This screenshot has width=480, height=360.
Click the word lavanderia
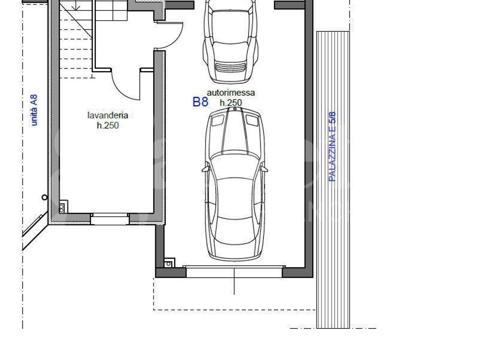(108, 115)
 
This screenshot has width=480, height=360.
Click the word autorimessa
(231, 93)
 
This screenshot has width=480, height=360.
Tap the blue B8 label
(200, 102)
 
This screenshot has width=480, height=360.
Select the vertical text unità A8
(34, 110)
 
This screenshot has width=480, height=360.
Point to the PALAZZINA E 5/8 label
(332, 147)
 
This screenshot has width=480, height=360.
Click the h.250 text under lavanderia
(108, 126)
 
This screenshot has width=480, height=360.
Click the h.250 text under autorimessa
(231, 103)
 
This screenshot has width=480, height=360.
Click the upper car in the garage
(231, 42)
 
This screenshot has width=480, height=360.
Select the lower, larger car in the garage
(235, 184)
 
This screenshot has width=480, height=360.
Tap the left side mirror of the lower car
(205, 169)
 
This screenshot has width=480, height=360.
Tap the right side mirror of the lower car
(264, 169)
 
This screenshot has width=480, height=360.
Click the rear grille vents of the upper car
(230, 67)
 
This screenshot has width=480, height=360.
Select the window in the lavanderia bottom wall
(110, 219)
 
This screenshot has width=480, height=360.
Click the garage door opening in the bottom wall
(234, 272)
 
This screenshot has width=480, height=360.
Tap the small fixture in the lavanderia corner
(63, 207)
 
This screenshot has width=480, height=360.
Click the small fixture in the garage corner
(169, 263)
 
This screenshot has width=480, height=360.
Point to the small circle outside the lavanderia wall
(44, 197)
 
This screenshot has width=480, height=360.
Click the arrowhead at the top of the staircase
(77, 8)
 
